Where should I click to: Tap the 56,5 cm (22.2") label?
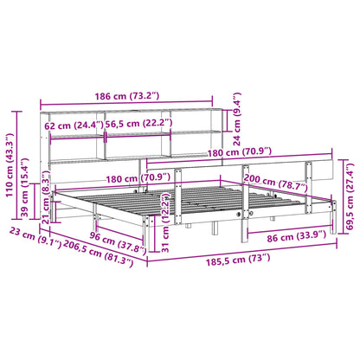138,123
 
